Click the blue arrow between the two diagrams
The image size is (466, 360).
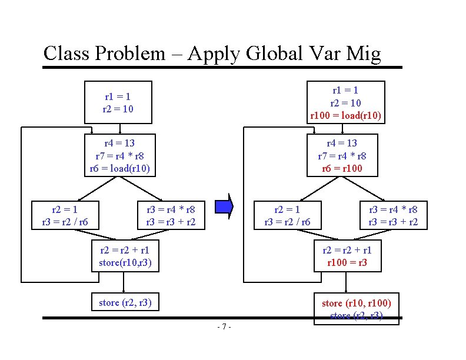point(224,206)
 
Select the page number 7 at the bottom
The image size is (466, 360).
point(224,326)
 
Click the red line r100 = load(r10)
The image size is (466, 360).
point(346,115)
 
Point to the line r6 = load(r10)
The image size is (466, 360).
point(120,168)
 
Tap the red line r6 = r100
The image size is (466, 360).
point(347,168)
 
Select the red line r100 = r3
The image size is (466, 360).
point(347,262)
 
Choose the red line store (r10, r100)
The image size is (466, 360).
point(356,304)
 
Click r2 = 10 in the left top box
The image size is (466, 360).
point(118,109)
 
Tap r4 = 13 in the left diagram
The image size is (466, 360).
point(120,143)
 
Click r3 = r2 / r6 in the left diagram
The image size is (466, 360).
point(64,222)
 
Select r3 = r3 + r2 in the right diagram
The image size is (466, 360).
point(393,222)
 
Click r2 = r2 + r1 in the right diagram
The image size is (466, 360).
point(347,250)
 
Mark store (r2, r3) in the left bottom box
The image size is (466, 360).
point(125,303)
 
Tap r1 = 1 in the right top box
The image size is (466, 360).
point(346,90)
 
